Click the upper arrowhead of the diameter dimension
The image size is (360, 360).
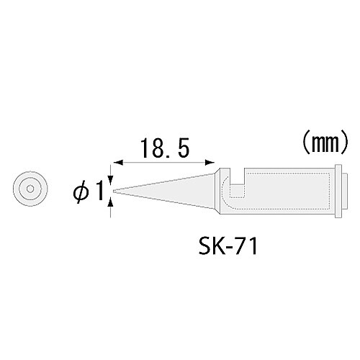[110, 179]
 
